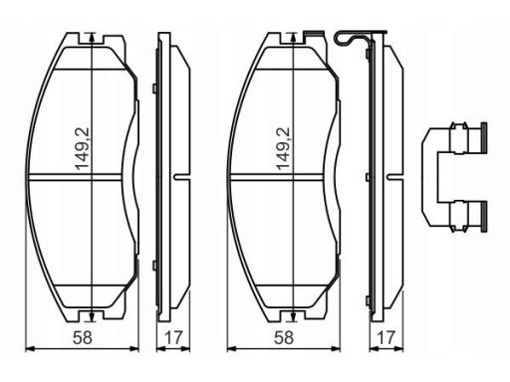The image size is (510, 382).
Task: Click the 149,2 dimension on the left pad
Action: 82,148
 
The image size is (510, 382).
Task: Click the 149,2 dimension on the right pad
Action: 283,148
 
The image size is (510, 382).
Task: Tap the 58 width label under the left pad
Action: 83,338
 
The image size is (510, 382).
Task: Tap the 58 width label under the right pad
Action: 284,338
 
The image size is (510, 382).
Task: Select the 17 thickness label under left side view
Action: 173,338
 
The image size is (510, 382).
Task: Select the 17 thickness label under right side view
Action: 385,338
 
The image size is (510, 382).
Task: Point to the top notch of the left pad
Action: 92,38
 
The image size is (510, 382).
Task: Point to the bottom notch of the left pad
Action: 92,316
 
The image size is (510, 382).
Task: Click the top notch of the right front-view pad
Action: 293,38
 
